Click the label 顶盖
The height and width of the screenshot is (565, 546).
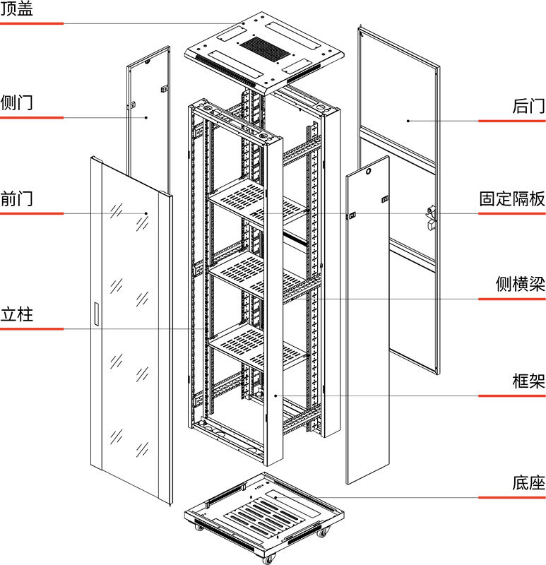16,8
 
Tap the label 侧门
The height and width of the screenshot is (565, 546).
16,102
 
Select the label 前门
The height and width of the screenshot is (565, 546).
16,198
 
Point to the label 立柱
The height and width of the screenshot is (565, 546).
16,314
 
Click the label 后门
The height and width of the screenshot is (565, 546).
529,106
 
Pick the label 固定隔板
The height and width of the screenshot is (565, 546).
512,199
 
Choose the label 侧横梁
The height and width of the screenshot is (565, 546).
521,284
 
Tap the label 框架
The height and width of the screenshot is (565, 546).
529,381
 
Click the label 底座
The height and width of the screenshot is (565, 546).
529,483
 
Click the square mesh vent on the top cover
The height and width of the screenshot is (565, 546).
265,48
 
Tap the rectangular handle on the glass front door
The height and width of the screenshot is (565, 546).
96,314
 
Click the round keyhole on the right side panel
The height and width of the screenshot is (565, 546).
368,172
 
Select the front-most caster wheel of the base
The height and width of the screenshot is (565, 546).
268,559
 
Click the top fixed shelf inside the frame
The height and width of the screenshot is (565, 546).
258,202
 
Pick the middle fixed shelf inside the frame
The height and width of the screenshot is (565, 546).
258,275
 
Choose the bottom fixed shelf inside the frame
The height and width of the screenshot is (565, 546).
258,347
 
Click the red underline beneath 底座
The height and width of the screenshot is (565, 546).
512,498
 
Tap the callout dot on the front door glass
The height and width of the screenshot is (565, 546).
146,213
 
